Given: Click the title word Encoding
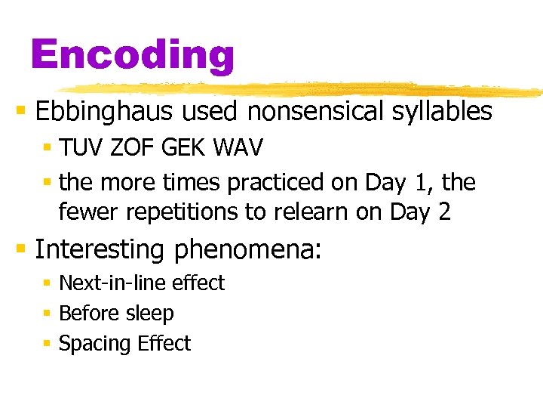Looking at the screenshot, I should click(133, 54).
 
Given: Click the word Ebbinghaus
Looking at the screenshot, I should click(103, 112).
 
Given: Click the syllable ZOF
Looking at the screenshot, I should click(127, 148).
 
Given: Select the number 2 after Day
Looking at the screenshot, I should click(443, 212).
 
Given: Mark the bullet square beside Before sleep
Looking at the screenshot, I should click(47, 314).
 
